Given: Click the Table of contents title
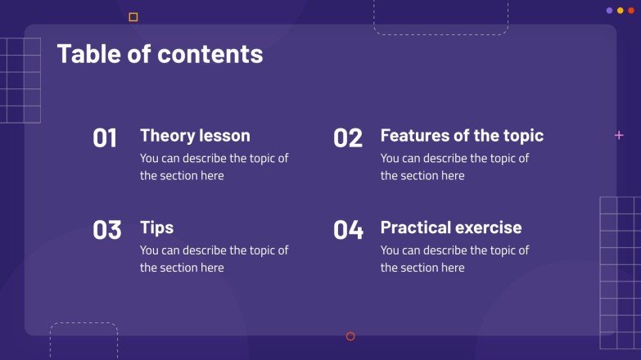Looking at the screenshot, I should [x=160, y=54].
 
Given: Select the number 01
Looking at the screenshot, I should [x=105, y=138].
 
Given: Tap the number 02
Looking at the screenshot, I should [x=347, y=138].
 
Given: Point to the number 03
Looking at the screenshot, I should [x=106, y=231].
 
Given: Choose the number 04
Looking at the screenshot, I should [x=348, y=231].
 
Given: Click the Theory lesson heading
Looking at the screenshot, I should [x=195, y=135].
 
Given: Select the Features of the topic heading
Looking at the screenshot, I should [x=462, y=135].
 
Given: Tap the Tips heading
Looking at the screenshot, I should [x=156, y=227].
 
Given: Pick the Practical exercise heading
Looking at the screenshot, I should [x=450, y=227].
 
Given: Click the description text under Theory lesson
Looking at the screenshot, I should [x=214, y=167].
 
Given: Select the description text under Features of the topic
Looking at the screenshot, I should [x=454, y=167].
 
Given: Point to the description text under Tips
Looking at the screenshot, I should [x=214, y=259].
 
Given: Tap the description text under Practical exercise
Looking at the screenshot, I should [x=454, y=259].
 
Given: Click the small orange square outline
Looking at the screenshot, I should [x=133, y=16].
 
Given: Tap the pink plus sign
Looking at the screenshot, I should [x=619, y=135].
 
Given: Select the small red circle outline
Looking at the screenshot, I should [x=350, y=336].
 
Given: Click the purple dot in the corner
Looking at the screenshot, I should [x=609, y=11].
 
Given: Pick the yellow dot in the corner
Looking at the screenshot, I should [x=620, y=11].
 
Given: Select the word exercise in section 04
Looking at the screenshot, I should [x=489, y=227].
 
